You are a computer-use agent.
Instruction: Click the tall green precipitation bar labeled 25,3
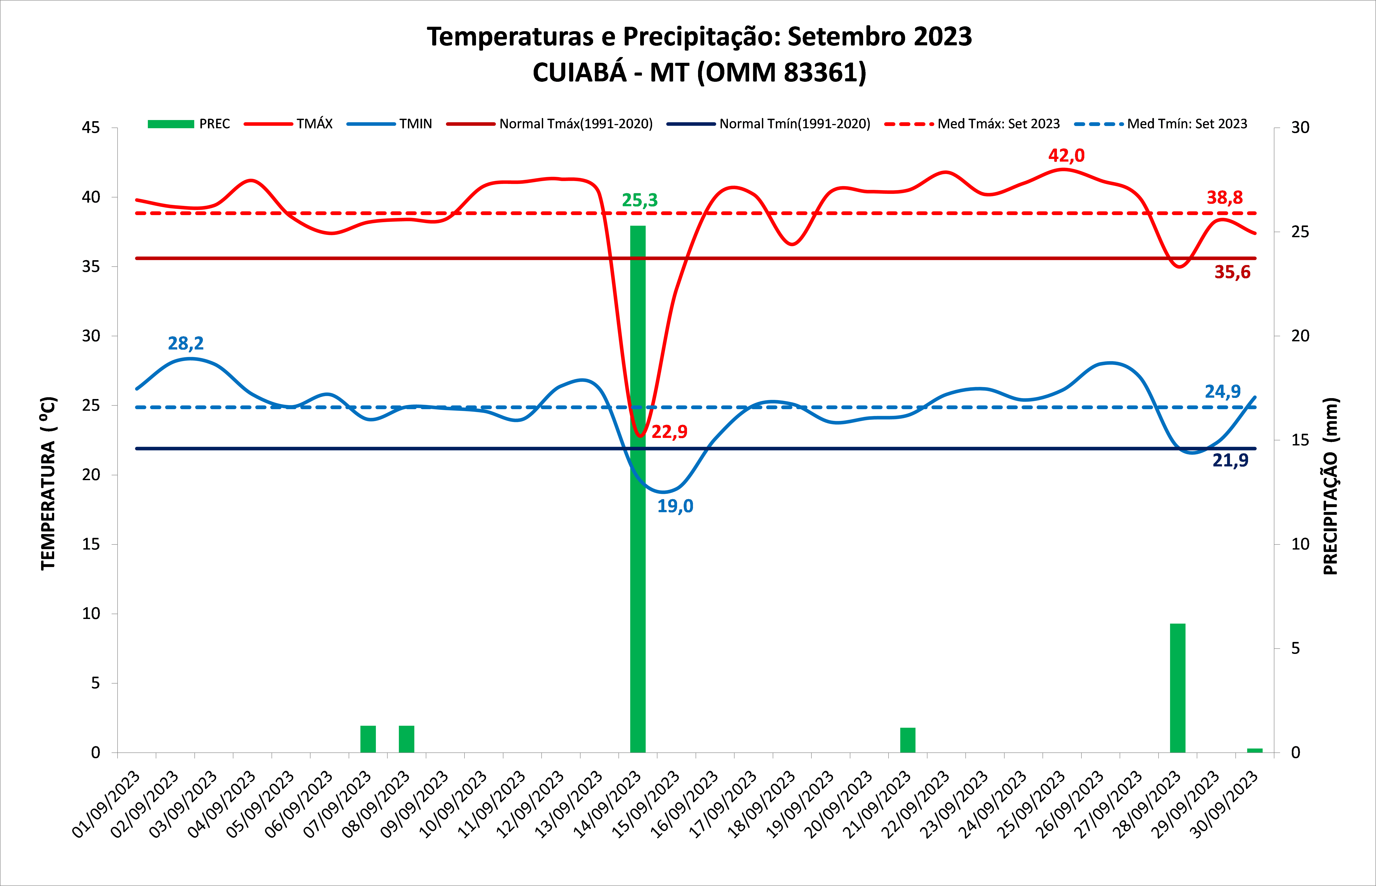point(638,489)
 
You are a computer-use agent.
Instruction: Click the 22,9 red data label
point(669,432)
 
